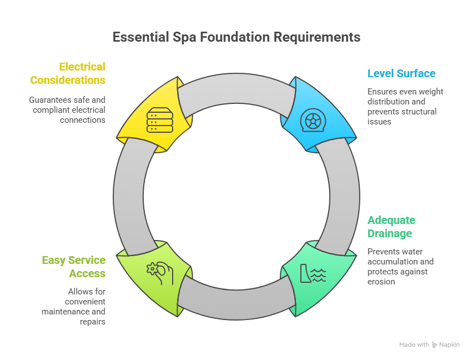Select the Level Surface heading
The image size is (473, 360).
(x=401, y=73)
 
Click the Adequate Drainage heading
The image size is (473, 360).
(x=391, y=227)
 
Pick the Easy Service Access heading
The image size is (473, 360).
(x=73, y=267)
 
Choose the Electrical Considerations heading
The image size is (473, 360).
(x=68, y=73)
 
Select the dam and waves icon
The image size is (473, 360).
(x=313, y=273)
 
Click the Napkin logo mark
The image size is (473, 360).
(x=434, y=345)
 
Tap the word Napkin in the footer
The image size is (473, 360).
(x=450, y=345)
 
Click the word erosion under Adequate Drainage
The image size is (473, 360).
(x=381, y=282)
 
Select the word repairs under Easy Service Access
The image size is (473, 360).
(x=92, y=322)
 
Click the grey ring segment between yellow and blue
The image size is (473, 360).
(x=236, y=89)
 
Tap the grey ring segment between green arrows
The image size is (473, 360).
(x=236, y=303)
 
